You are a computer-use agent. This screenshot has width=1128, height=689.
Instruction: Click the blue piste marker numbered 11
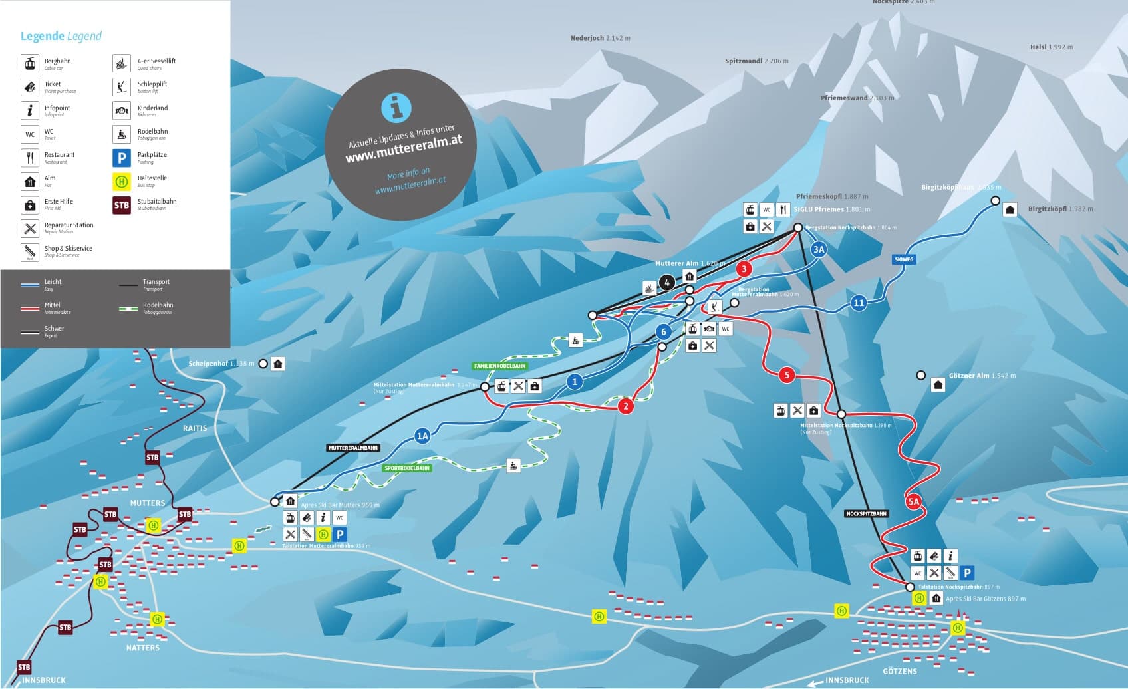point(859,303)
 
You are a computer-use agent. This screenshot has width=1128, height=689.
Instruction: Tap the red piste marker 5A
point(914,501)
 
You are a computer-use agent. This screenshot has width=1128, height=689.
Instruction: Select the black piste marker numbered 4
point(667,283)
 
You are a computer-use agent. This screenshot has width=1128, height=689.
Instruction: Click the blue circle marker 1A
point(422,436)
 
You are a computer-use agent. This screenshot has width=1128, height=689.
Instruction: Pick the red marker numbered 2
point(625,406)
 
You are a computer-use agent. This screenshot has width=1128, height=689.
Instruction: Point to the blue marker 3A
point(819,250)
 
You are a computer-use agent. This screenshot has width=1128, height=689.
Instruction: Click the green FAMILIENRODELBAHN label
point(499,366)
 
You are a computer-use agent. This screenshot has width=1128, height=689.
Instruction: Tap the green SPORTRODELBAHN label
point(407,468)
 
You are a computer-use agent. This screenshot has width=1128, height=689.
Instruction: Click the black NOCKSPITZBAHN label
point(867,514)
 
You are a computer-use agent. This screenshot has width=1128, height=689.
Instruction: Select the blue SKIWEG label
point(904,259)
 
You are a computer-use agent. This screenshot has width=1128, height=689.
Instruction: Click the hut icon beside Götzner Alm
point(938,385)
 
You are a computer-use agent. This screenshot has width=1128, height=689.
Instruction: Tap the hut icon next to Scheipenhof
point(278,364)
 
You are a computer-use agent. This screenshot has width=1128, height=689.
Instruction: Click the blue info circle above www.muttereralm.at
point(396,107)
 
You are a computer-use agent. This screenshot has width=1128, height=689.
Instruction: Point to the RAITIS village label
point(195,428)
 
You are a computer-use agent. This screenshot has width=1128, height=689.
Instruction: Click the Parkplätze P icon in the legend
point(122,158)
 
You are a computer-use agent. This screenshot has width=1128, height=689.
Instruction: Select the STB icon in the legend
point(122,205)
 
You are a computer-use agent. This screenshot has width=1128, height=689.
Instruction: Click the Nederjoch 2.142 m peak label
point(600,39)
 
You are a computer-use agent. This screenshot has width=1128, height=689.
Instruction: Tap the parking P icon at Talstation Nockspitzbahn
point(968,573)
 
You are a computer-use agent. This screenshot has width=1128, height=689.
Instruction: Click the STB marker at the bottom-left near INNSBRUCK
point(24,667)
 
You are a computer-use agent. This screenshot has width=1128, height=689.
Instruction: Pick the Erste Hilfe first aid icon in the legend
point(30,205)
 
